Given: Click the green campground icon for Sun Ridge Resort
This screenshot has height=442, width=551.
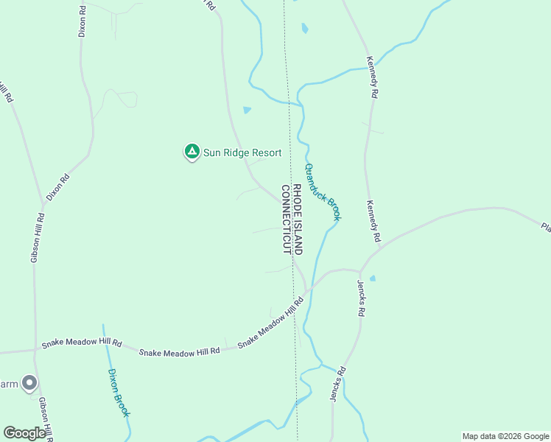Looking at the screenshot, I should pyautogui.click(x=192, y=152).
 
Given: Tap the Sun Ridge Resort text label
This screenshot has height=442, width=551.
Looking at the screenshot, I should pyautogui.click(x=242, y=153).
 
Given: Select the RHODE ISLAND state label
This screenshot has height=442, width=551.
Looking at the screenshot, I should pyautogui.click(x=298, y=220).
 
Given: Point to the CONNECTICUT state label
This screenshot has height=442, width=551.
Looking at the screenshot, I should pyautogui.click(x=287, y=220).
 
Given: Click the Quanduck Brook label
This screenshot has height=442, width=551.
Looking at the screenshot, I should pyautogui.click(x=323, y=192).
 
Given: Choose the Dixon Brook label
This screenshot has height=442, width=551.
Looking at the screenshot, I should pyautogui.click(x=119, y=393).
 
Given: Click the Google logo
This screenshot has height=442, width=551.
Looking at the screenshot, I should pyautogui.click(x=24, y=433).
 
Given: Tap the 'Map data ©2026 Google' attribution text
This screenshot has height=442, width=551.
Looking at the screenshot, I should pyautogui.click(x=505, y=436).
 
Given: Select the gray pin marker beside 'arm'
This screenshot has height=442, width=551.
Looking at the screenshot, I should pyautogui.click(x=29, y=382).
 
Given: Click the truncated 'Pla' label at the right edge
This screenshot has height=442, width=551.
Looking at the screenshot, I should pyautogui.click(x=545, y=227).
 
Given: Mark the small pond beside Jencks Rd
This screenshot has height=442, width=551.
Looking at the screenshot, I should pyautogui.click(x=372, y=278).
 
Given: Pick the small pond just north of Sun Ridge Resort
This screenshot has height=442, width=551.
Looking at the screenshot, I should pyautogui.click(x=247, y=110).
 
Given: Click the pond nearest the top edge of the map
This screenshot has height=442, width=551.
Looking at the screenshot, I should pyautogui.click(x=304, y=29).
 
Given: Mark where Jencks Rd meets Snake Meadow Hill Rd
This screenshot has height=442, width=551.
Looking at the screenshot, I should pyautogui.click(x=359, y=272).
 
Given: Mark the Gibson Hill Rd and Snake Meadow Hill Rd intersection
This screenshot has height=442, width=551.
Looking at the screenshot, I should pyautogui.click(x=35, y=350).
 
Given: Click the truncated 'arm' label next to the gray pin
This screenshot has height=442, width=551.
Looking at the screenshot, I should pyautogui.click(x=8, y=384).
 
